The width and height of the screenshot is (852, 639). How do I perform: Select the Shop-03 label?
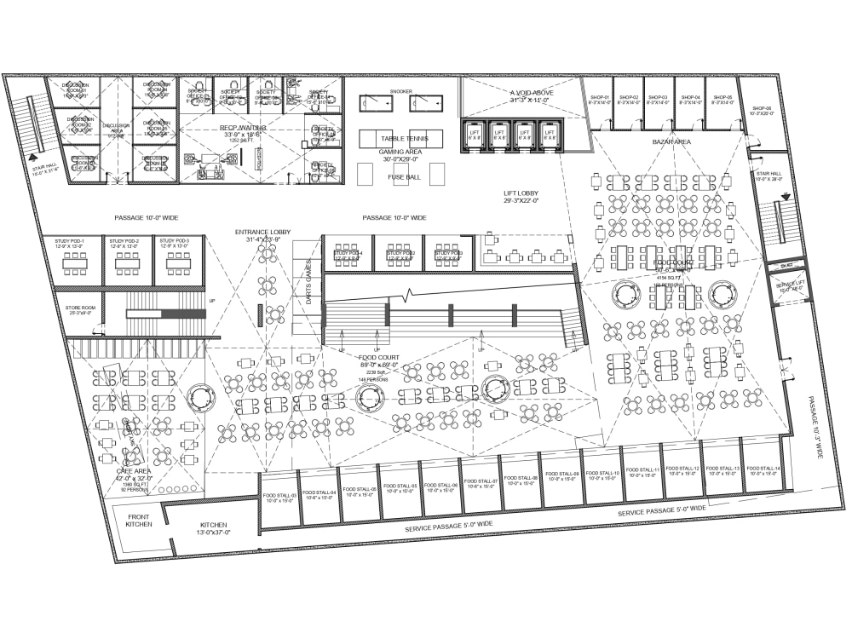pos(657,99)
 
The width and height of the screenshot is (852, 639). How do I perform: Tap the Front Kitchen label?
pos(139,521)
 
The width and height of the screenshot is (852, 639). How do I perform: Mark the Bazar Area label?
pos(671,141)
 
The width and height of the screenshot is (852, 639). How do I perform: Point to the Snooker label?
pos(400,91)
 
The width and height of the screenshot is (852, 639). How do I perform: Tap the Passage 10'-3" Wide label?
pos(815,427)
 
